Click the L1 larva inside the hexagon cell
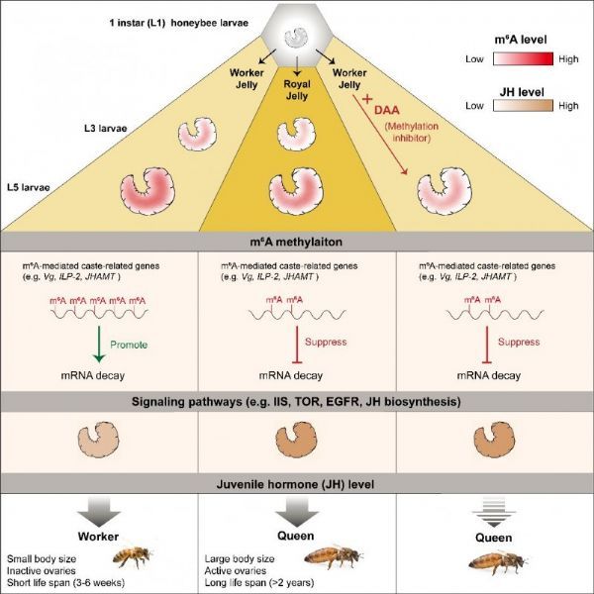(296, 38)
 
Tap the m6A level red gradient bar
(523, 59)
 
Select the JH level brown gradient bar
(523, 106)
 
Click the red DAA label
(387, 110)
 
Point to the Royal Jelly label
(297, 90)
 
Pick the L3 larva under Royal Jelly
(297, 135)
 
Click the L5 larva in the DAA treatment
(445, 191)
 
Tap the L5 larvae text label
(29, 187)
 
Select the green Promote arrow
(99, 344)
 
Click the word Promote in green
(129, 345)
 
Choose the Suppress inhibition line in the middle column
(297, 345)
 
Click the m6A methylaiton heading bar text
(296, 242)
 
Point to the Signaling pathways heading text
(296, 401)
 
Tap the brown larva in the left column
(98, 440)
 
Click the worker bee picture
(133, 556)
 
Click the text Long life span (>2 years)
(259, 582)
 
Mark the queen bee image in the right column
(498, 561)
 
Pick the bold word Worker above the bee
(98, 537)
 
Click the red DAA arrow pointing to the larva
(380, 135)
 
